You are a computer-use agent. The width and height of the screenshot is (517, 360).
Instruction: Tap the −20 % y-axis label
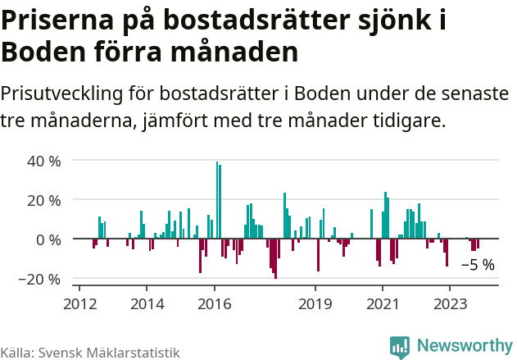[41, 279]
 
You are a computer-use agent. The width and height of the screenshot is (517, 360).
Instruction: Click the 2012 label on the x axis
[79, 303]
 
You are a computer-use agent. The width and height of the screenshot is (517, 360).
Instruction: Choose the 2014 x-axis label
[147, 303]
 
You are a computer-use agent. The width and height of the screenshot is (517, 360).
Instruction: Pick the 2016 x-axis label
[215, 303]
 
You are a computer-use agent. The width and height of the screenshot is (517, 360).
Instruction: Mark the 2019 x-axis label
[315, 303]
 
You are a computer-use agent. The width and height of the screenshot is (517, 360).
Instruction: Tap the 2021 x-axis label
[383, 303]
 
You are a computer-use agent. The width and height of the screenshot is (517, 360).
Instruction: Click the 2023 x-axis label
[450, 303]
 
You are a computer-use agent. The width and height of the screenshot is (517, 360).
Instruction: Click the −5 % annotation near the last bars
[478, 265]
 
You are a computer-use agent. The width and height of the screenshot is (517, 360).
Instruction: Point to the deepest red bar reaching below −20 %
[275, 258]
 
